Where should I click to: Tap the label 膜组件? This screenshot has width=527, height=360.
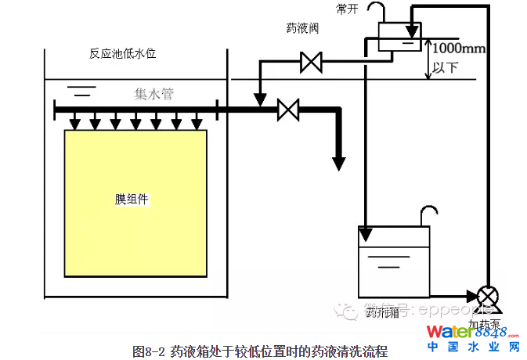click(132, 199)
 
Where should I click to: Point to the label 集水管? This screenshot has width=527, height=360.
click(153, 95)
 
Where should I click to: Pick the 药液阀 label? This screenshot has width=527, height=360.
click(301, 28)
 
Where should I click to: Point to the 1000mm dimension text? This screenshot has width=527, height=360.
click(459, 49)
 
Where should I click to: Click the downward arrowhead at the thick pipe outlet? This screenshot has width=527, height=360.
click(339, 163)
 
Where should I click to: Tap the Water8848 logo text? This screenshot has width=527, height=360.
click(468, 332)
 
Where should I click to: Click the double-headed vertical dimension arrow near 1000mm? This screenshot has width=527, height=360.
click(427, 59)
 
